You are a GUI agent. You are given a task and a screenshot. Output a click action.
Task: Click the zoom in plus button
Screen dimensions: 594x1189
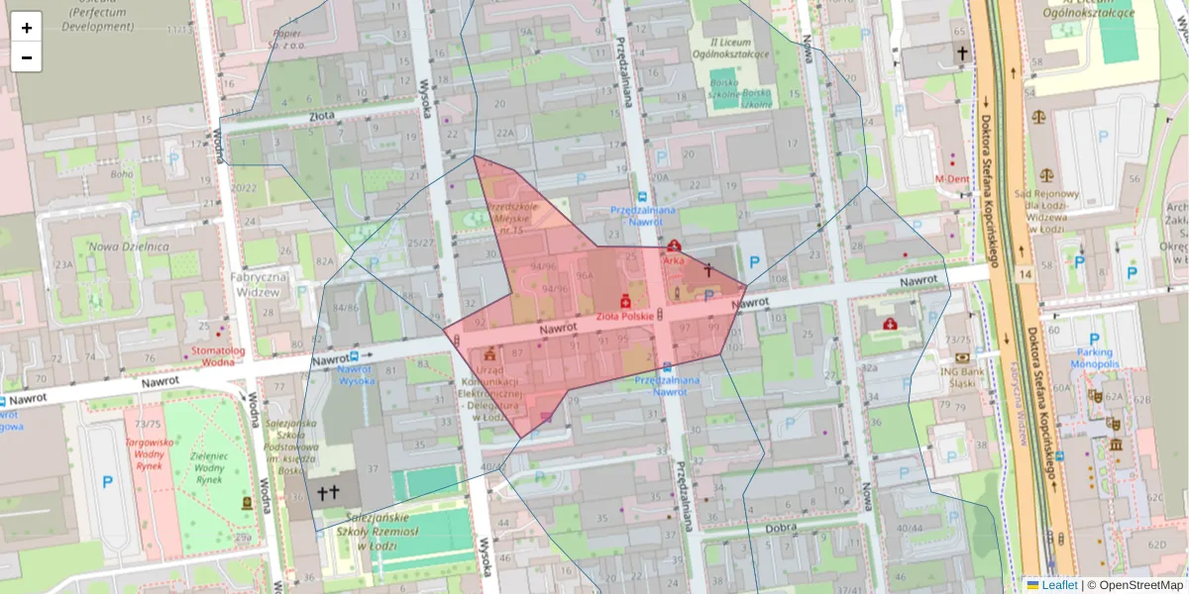[x=27, y=27]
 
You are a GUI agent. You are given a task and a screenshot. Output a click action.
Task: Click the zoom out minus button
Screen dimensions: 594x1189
[x=27, y=56]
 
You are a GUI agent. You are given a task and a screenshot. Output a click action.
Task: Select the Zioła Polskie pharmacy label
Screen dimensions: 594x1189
[x=624, y=316]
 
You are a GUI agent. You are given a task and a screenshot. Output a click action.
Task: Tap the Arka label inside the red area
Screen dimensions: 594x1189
[x=675, y=260]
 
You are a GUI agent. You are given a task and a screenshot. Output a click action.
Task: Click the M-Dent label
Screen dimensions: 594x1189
[x=951, y=179]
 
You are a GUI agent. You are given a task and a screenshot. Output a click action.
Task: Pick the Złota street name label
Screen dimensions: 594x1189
[x=322, y=115]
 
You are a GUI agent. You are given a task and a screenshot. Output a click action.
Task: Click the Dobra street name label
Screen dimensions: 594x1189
[x=781, y=528]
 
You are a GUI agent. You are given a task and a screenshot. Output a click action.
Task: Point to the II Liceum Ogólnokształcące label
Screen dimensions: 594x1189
[x=739, y=48]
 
